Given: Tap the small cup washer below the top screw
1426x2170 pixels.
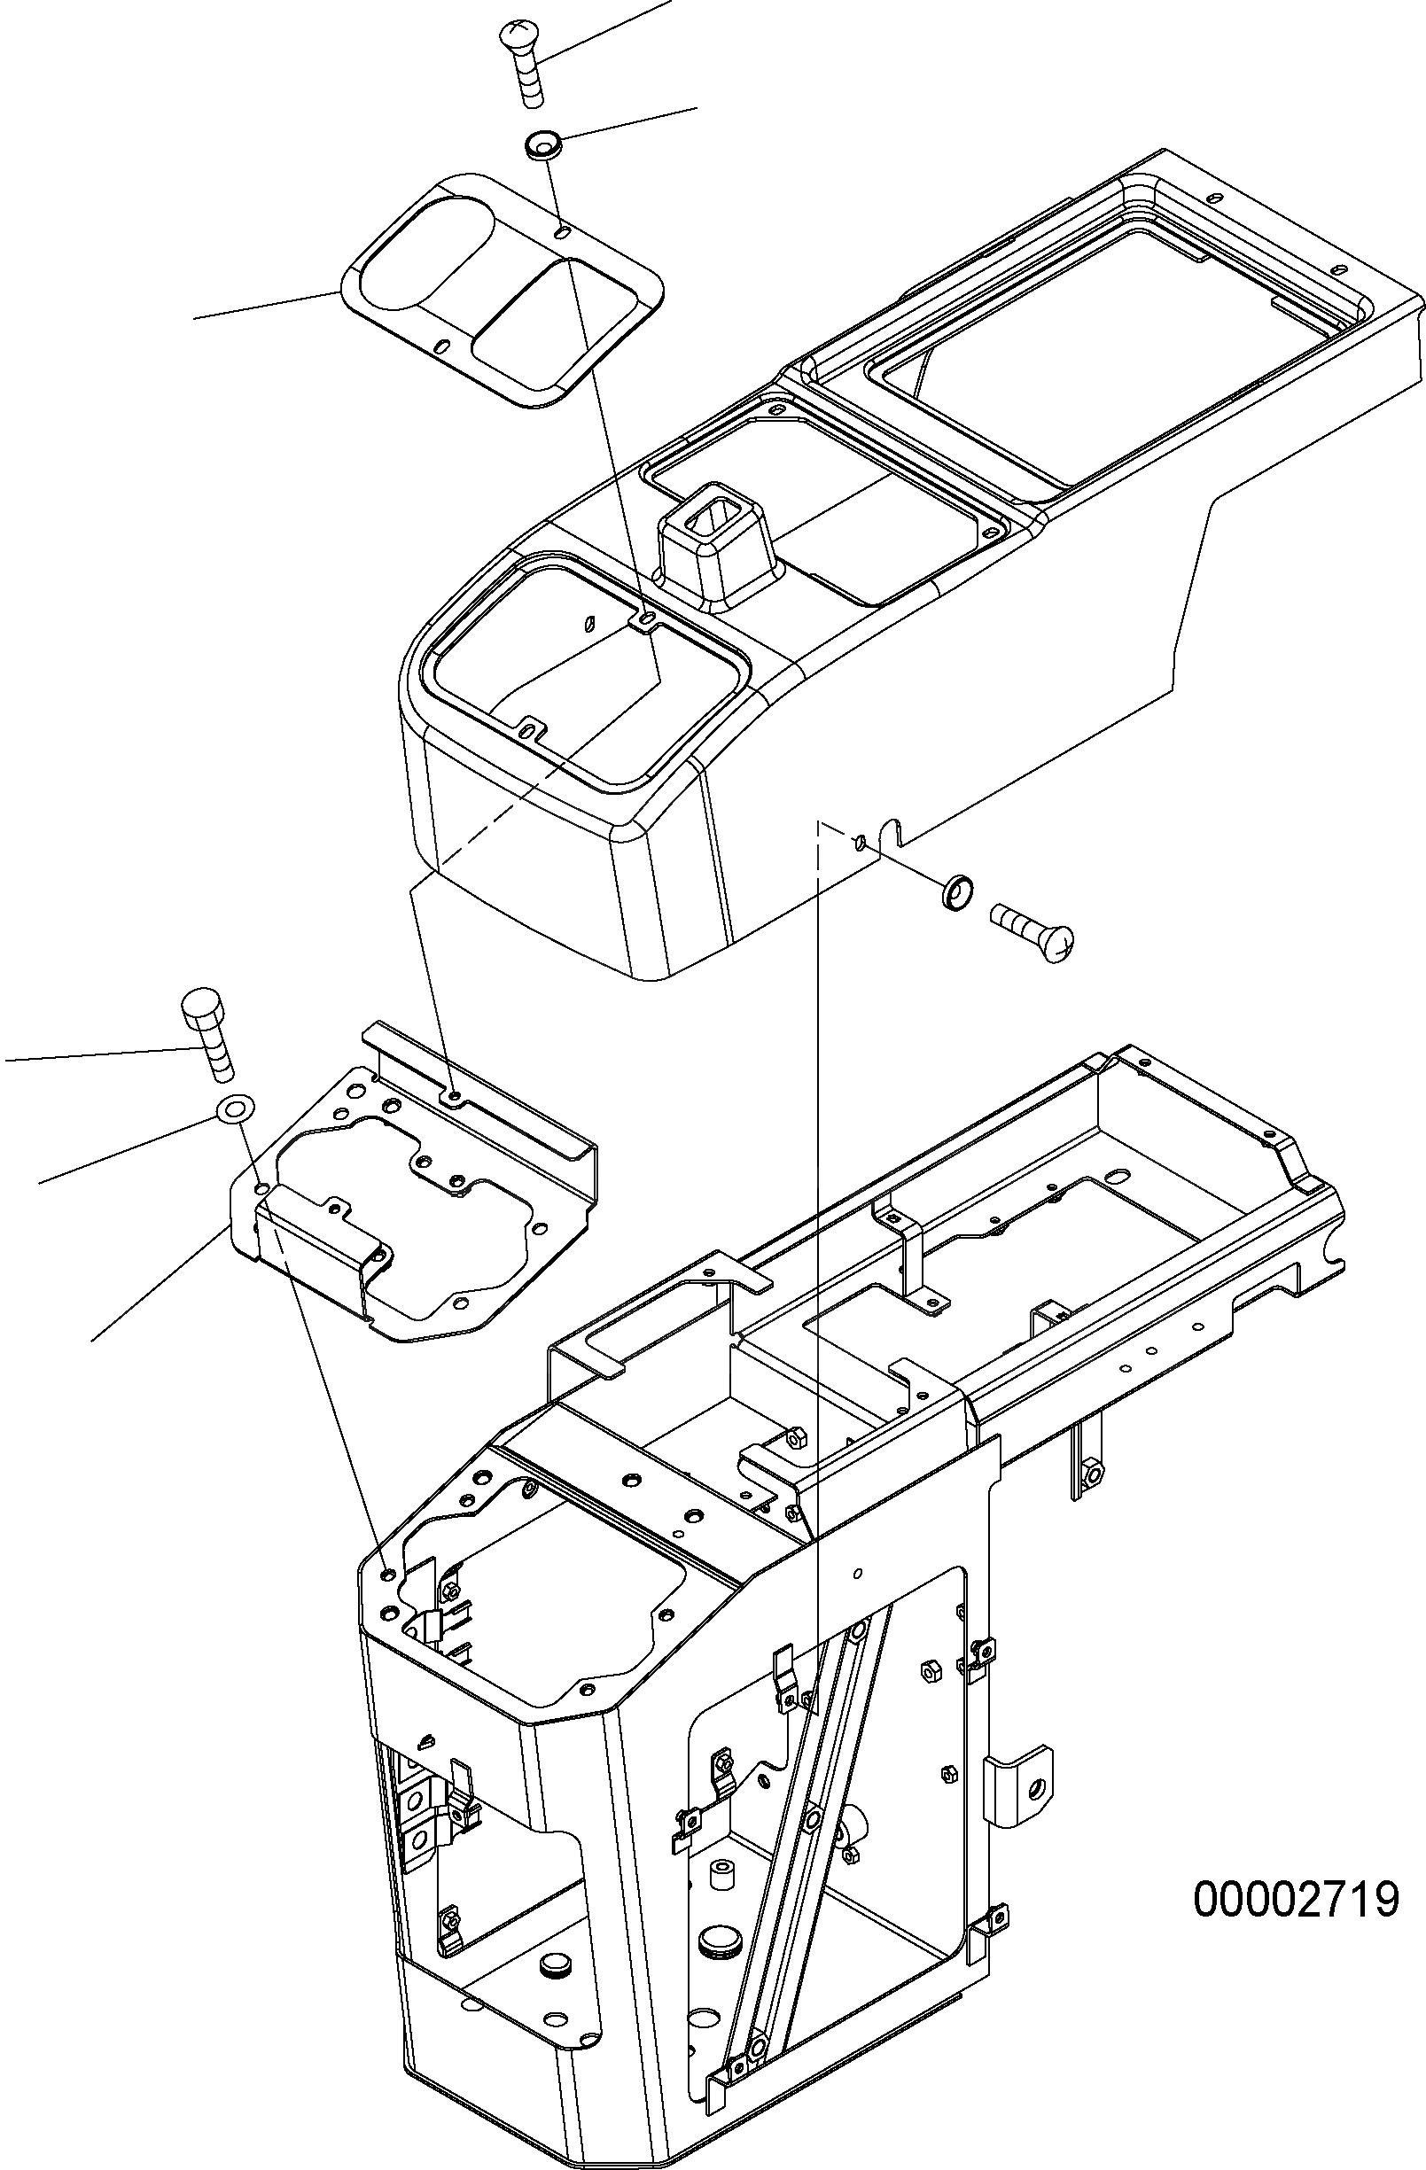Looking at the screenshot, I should click(x=542, y=144).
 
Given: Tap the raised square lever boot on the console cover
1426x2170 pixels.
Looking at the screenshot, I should click(x=714, y=541).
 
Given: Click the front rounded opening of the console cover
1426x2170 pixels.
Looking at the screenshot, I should click(x=583, y=674).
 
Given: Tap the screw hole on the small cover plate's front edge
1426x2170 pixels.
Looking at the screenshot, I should click(x=442, y=346).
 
